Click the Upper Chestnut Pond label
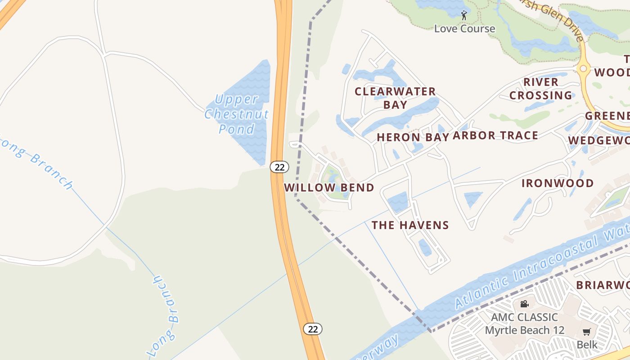[x=237, y=114]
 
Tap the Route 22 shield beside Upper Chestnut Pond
[x=279, y=167]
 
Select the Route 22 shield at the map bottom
[x=313, y=329]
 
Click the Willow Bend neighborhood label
[x=329, y=188]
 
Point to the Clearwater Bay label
[x=395, y=98]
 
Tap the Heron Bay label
[x=413, y=137]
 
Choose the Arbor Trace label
[x=495, y=135]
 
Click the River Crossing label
[x=540, y=89]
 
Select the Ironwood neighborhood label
[x=558, y=183]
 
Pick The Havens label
[x=410, y=225]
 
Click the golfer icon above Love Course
[x=464, y=16]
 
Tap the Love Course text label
[x=464, y=29]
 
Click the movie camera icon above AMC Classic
[x=524, y=304]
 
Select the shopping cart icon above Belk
[x=586, y=332]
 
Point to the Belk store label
[x=587, y=345]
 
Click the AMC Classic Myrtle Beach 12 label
[x=524, y=324]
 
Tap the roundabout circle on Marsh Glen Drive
[x=584, y=69]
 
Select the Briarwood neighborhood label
[x=603, y=285]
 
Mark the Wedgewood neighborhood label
[x=598, y=141]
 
